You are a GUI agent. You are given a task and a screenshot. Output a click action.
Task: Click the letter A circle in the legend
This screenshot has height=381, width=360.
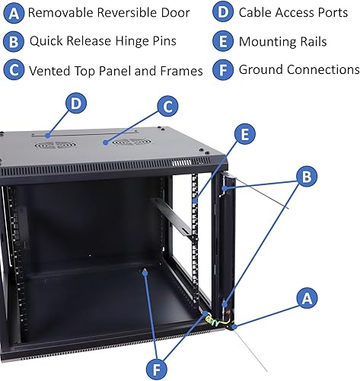(13, 13)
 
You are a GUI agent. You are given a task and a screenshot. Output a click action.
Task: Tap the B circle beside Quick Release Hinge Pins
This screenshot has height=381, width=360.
(13, 42)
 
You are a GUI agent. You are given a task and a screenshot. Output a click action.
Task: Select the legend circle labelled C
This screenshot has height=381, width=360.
(13, 71)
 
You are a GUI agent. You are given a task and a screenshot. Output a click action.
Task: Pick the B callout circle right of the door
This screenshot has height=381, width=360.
(306, 177)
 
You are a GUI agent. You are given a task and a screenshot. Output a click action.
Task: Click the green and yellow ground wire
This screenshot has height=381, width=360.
(212, 321)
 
